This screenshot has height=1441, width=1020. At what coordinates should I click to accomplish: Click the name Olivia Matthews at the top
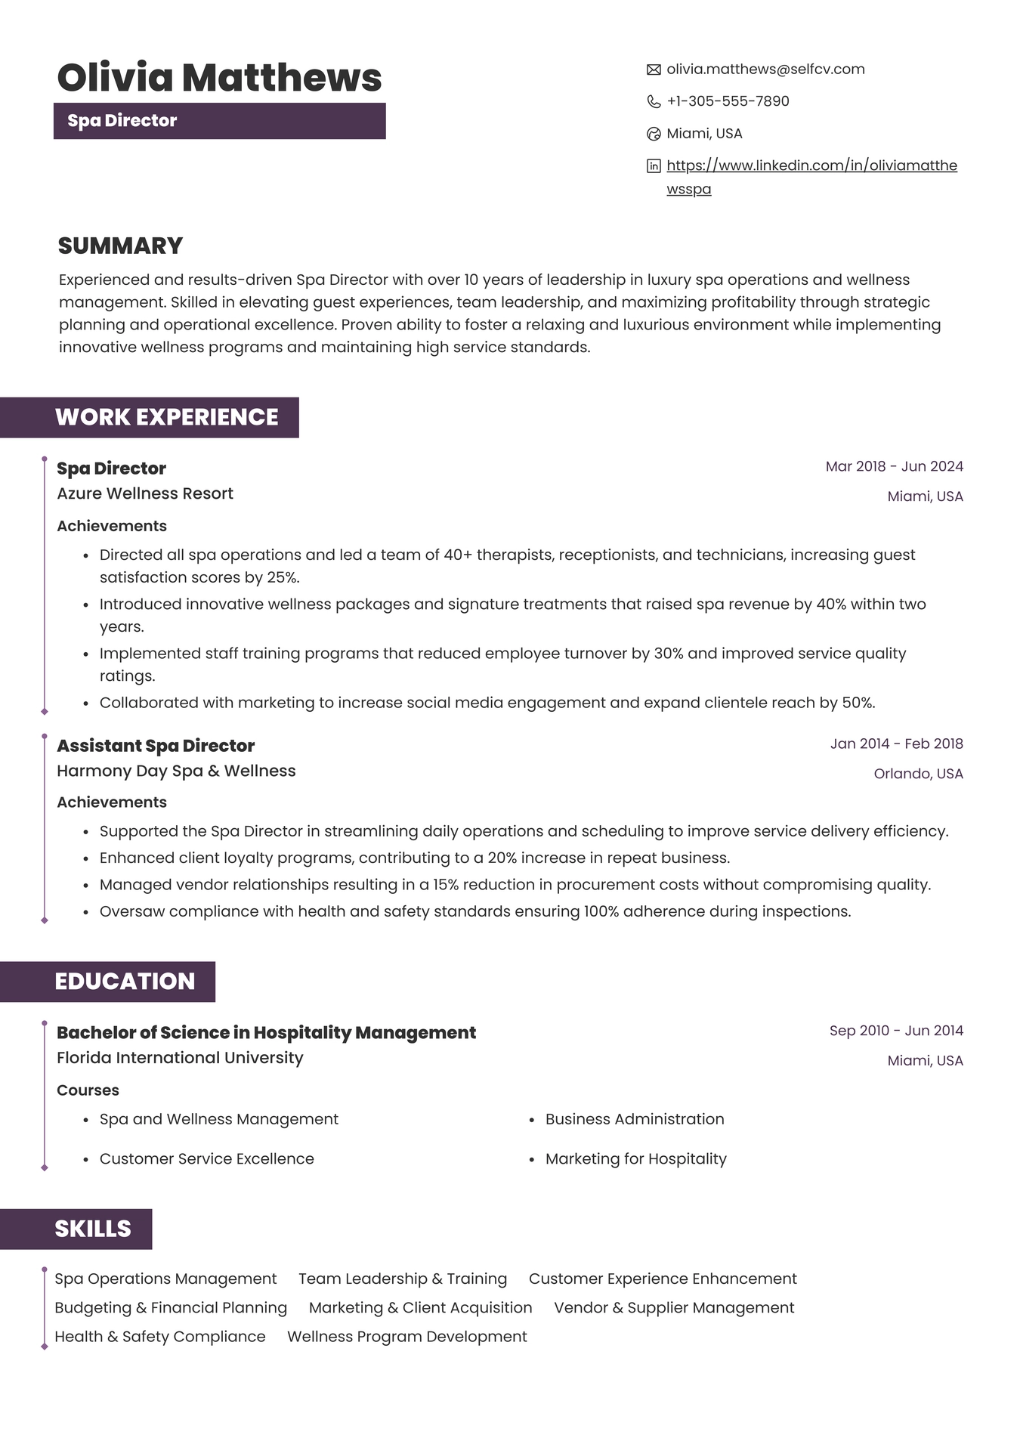(x=219, y=78)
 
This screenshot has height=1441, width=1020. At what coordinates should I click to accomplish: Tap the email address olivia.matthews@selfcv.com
(x=765, y=70)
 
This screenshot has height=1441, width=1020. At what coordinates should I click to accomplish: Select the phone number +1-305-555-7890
(x=728, y=101)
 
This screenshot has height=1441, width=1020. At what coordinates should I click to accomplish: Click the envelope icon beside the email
(x=654, y=70)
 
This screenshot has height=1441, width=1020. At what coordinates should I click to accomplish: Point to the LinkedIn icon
(x=654, y=166)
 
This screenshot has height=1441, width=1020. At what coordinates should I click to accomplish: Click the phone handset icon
(x=654, y=102)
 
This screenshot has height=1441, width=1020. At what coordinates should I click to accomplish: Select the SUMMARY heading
(x=120, y=246)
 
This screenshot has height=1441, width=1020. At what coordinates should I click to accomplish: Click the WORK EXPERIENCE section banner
(x=166, y=417)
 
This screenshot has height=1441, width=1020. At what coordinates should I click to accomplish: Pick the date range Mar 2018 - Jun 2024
(x=894, y=466)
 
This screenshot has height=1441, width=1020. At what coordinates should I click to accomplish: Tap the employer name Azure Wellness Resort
(x=145, y=493)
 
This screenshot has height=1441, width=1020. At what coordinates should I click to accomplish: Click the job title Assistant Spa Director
(x=156, y=746)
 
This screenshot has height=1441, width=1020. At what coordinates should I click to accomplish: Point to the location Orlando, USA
(x=918, y=774)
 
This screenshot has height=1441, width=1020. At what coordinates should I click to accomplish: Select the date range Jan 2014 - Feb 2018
(x=896, y=744)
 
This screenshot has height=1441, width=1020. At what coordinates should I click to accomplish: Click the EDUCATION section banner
(x=125, y=982)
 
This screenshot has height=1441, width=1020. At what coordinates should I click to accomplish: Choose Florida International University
(x=180, y=1058)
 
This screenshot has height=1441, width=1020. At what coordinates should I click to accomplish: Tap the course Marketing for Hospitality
(x=635, y=1159)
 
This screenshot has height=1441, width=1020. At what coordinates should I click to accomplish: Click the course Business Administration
(x=635, y=1119)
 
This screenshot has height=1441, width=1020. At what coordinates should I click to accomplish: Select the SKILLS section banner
(x=92, y=1229)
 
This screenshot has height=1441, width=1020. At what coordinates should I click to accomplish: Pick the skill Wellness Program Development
(x=406, y=1337)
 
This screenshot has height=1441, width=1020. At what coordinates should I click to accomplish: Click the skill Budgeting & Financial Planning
(x=171, y=1308)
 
